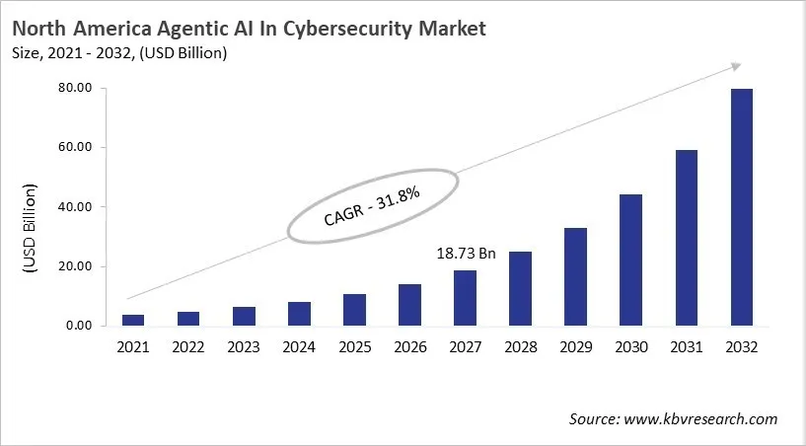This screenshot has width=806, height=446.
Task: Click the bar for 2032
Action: click(x=741, y=207)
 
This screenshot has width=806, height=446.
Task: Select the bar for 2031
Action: click(x=686, y=238)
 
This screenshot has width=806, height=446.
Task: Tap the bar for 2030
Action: click(x=630, y=260)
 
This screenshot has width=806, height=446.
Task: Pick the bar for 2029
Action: click(x=575, y=276)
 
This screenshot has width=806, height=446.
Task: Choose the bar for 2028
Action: click(x=520, y=288)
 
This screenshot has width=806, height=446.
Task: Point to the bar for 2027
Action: click(x=465, y=298)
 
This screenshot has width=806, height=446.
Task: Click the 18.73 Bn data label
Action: click(x=465, y=254)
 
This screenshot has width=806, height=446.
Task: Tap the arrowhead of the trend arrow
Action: click(x=735, y=66)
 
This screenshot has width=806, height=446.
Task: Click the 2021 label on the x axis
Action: click(x=133, y=348)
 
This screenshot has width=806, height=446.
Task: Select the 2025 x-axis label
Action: click(x=354, y=348)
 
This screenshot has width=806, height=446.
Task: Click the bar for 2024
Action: click(x=299, y=314)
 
